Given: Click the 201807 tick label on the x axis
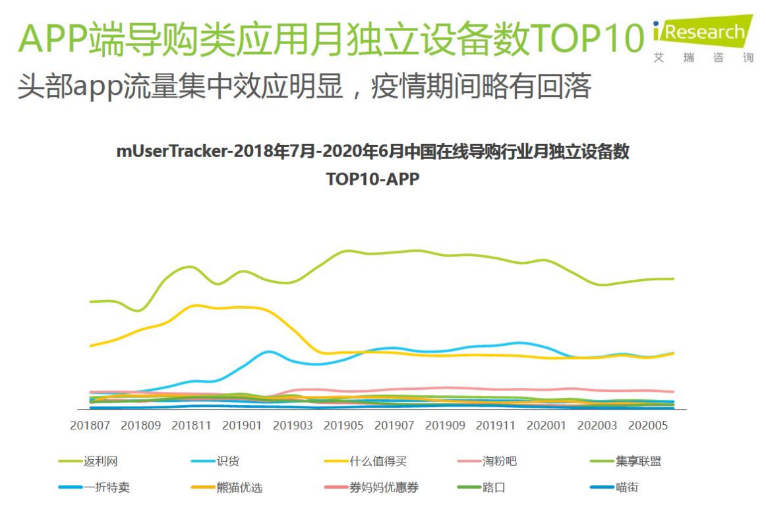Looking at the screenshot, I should tap(90, 426).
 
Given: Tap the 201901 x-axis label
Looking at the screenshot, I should tap(242, 426).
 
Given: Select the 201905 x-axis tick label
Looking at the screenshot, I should tap(343, 426).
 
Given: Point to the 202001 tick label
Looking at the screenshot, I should tap(546, 426).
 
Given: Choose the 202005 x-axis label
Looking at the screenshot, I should tap(648, 426).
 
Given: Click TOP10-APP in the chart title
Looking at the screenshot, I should tap(372, 179).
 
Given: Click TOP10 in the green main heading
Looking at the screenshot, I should tap(587, 38).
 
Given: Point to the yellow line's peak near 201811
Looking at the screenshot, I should tap(195, 305).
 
